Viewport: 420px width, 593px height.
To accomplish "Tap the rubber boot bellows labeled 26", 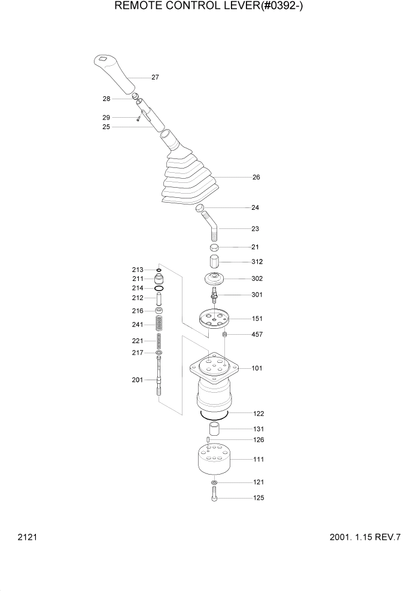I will (188, 179).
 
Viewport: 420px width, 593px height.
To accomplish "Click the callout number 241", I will (138, 325).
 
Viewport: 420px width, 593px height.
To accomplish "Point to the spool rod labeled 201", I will (159, 377).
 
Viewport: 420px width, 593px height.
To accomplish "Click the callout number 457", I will (257, 335).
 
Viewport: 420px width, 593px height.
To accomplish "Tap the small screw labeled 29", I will (138, 119).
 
